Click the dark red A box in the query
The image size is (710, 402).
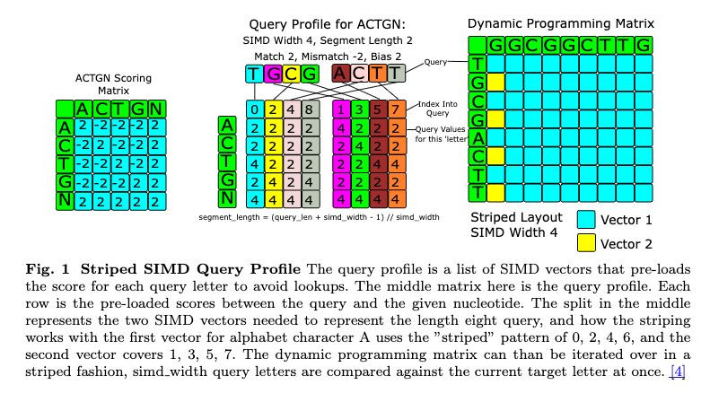coord(340,74)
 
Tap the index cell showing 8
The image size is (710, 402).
coord(308,110)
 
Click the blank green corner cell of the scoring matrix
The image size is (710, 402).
coord(64,109)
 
